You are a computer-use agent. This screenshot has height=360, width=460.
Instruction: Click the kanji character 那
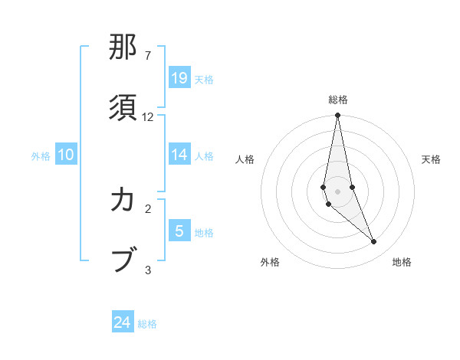click(x=124, y=48)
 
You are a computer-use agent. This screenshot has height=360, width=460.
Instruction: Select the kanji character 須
click(x=124, y=105)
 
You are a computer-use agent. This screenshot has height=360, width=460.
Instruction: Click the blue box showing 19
click(x=179, y=78)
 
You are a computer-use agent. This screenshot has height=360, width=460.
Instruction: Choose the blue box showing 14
click(x=179, y=155)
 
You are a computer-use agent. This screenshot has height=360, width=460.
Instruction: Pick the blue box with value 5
click(x=179, y=231)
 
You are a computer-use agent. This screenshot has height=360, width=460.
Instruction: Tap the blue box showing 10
click(x=66, y=155)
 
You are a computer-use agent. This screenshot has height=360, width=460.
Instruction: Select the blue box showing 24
click(x=123, y=322)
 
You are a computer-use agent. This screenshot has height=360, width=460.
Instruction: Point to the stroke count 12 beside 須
click(x=149, y=117)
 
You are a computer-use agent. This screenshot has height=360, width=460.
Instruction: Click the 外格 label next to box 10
click(x=41, y=155)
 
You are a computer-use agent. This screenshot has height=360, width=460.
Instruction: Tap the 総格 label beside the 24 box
click(x=147, y=324)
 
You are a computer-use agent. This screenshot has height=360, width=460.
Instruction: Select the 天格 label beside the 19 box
click(x=204, y=79)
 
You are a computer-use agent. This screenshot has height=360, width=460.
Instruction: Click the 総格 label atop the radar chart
click(x=338, y=100)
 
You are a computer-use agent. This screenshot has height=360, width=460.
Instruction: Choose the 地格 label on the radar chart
click(x=402, y=262)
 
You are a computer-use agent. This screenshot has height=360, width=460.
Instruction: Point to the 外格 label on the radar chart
click(x=270, y=262)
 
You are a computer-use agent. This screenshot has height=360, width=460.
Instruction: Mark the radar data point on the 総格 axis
click(x=337, y=116)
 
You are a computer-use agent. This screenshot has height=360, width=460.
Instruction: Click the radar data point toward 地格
click(x=374, y=241)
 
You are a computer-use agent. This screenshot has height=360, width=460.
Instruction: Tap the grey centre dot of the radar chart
click(x=337, y=191)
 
